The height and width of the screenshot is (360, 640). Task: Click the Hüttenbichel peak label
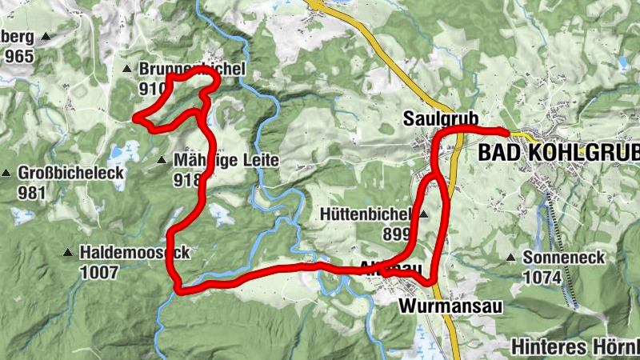(x=365, y=214)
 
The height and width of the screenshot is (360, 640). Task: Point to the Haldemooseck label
(x=134, y=254)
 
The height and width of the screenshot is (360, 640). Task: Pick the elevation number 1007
(x=98, y=272)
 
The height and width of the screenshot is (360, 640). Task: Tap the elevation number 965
(x=18, y=56)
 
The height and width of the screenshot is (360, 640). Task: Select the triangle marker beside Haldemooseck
(x=68, y=254)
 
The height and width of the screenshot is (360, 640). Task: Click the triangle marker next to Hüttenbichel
(x=423, y=214)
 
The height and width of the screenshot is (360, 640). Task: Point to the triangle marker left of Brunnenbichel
(x=126, y=70)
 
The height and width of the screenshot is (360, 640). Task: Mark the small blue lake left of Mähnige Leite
(x=125, y=150)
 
